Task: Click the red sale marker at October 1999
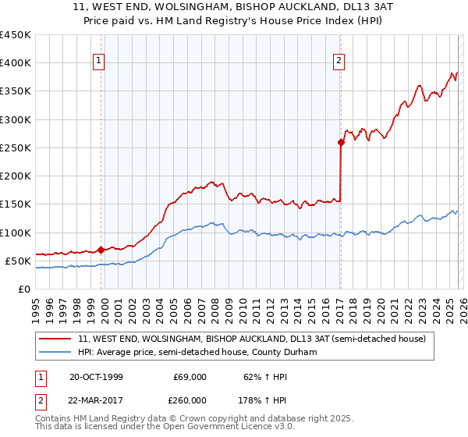point(101,250)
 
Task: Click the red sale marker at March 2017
point(341,142)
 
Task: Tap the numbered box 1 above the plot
point(101,62)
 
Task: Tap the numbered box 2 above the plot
point(341,62)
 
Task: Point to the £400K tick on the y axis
point(16,63)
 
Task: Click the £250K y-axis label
point(16,147)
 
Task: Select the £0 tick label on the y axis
point(25,289)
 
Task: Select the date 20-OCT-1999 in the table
point(96,377)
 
